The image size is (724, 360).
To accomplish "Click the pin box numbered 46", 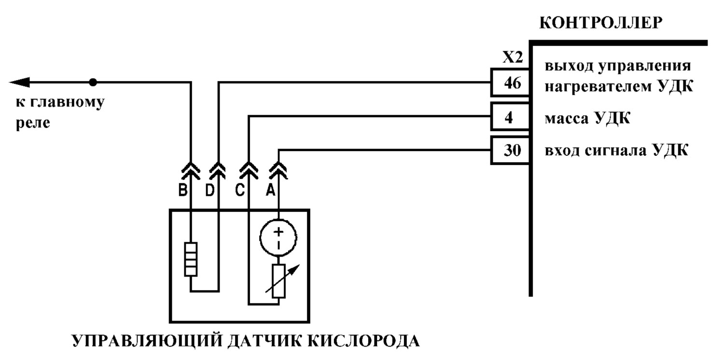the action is [511, 83].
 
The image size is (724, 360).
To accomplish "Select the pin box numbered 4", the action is [511, 117].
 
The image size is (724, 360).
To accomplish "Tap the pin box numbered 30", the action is [511, 150].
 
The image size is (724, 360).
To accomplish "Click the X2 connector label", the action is [513, 57].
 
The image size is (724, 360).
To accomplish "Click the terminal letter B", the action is [183, 190].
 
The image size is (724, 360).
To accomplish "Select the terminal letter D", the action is [210, 190].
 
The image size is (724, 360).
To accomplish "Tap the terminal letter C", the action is [240, 190].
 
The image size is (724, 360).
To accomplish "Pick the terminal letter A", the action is [270, 190].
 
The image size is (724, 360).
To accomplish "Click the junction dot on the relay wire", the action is [93, 83].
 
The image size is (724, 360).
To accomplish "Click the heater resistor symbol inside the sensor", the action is [191, 259].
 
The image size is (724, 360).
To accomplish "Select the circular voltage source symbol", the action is [278, 238].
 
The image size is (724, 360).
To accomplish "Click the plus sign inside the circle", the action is [278, 231].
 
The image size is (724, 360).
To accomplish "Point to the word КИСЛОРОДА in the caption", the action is [363, 341].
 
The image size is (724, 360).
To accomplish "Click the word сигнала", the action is [616, 151].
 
